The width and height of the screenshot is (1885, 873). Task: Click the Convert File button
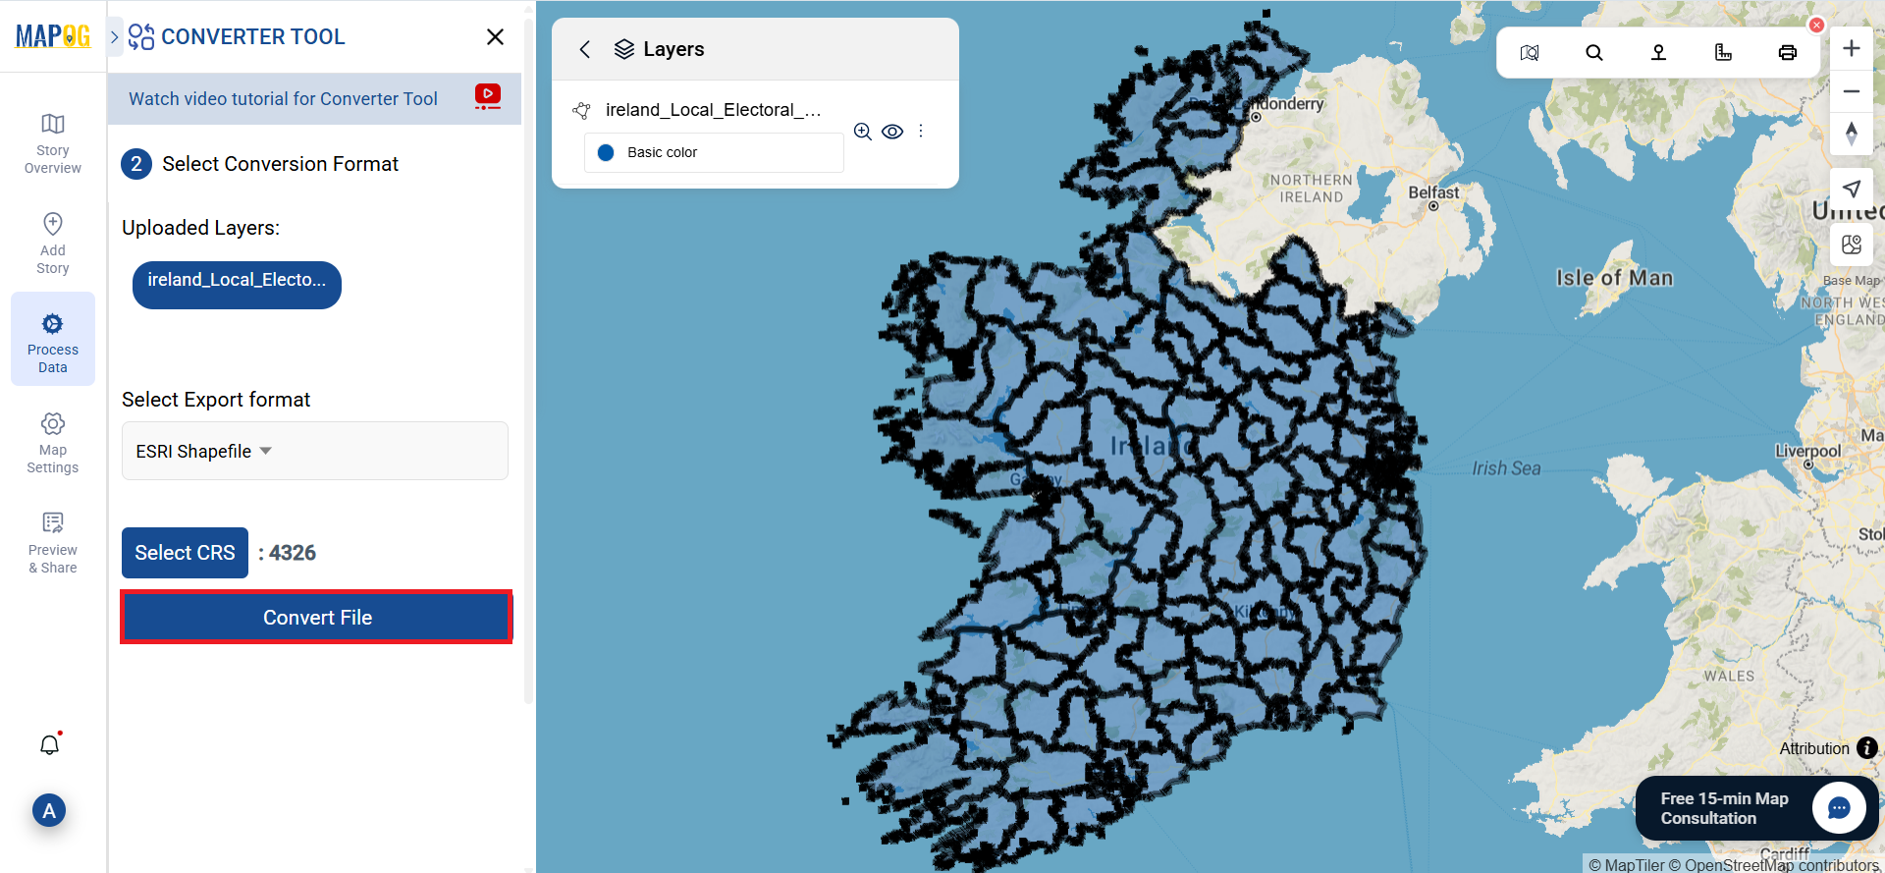pos(316,618)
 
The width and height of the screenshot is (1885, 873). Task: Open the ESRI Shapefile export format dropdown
pos(314,451)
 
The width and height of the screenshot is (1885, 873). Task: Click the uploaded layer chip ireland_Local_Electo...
pos(237,285)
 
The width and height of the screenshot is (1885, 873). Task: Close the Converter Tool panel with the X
pos(495,37)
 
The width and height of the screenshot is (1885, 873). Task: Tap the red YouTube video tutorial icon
pos(487,95)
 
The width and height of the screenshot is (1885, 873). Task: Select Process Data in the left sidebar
pos(53,339)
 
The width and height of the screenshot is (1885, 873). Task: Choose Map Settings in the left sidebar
pos(53,443)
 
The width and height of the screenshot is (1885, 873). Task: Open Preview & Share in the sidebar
pos(53,542)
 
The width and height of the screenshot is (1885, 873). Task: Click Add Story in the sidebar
pos(53,243)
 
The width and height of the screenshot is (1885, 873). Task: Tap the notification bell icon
pos(50,745)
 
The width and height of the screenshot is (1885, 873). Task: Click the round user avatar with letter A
pos(49,811)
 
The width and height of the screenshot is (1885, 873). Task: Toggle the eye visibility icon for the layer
pos(892,132)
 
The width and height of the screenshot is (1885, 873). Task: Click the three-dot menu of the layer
pos(921,132)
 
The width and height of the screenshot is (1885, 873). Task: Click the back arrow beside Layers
pos(585,49)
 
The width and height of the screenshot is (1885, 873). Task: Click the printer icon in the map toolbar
pos(1787,53)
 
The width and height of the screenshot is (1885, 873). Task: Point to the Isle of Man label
pos(1614,278)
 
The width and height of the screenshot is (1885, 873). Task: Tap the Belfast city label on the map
pos(1433,192)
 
